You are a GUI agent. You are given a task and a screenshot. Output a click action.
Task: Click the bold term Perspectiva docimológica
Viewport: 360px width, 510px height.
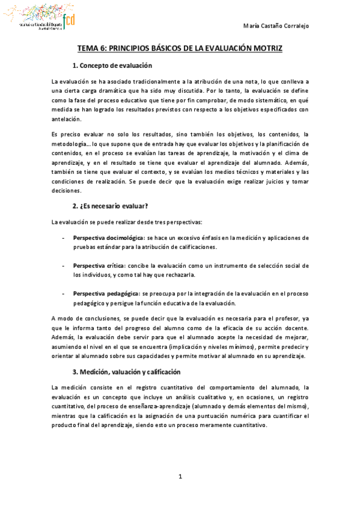click(x=109, y=238)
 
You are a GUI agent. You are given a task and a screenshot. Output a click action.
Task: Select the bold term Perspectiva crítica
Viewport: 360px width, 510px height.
click(x=99, y=266)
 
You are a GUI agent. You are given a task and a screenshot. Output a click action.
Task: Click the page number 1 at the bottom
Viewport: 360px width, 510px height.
click(x=180, y=477)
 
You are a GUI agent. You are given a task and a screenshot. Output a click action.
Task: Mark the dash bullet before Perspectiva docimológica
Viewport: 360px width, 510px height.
click(x=64, y=238)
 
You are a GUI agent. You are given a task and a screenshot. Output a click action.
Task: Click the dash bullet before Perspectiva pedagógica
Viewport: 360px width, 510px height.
click(x=64, y=293)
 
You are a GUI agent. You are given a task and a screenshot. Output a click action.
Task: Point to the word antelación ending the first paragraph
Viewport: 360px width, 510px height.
click(x=70, y=119)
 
